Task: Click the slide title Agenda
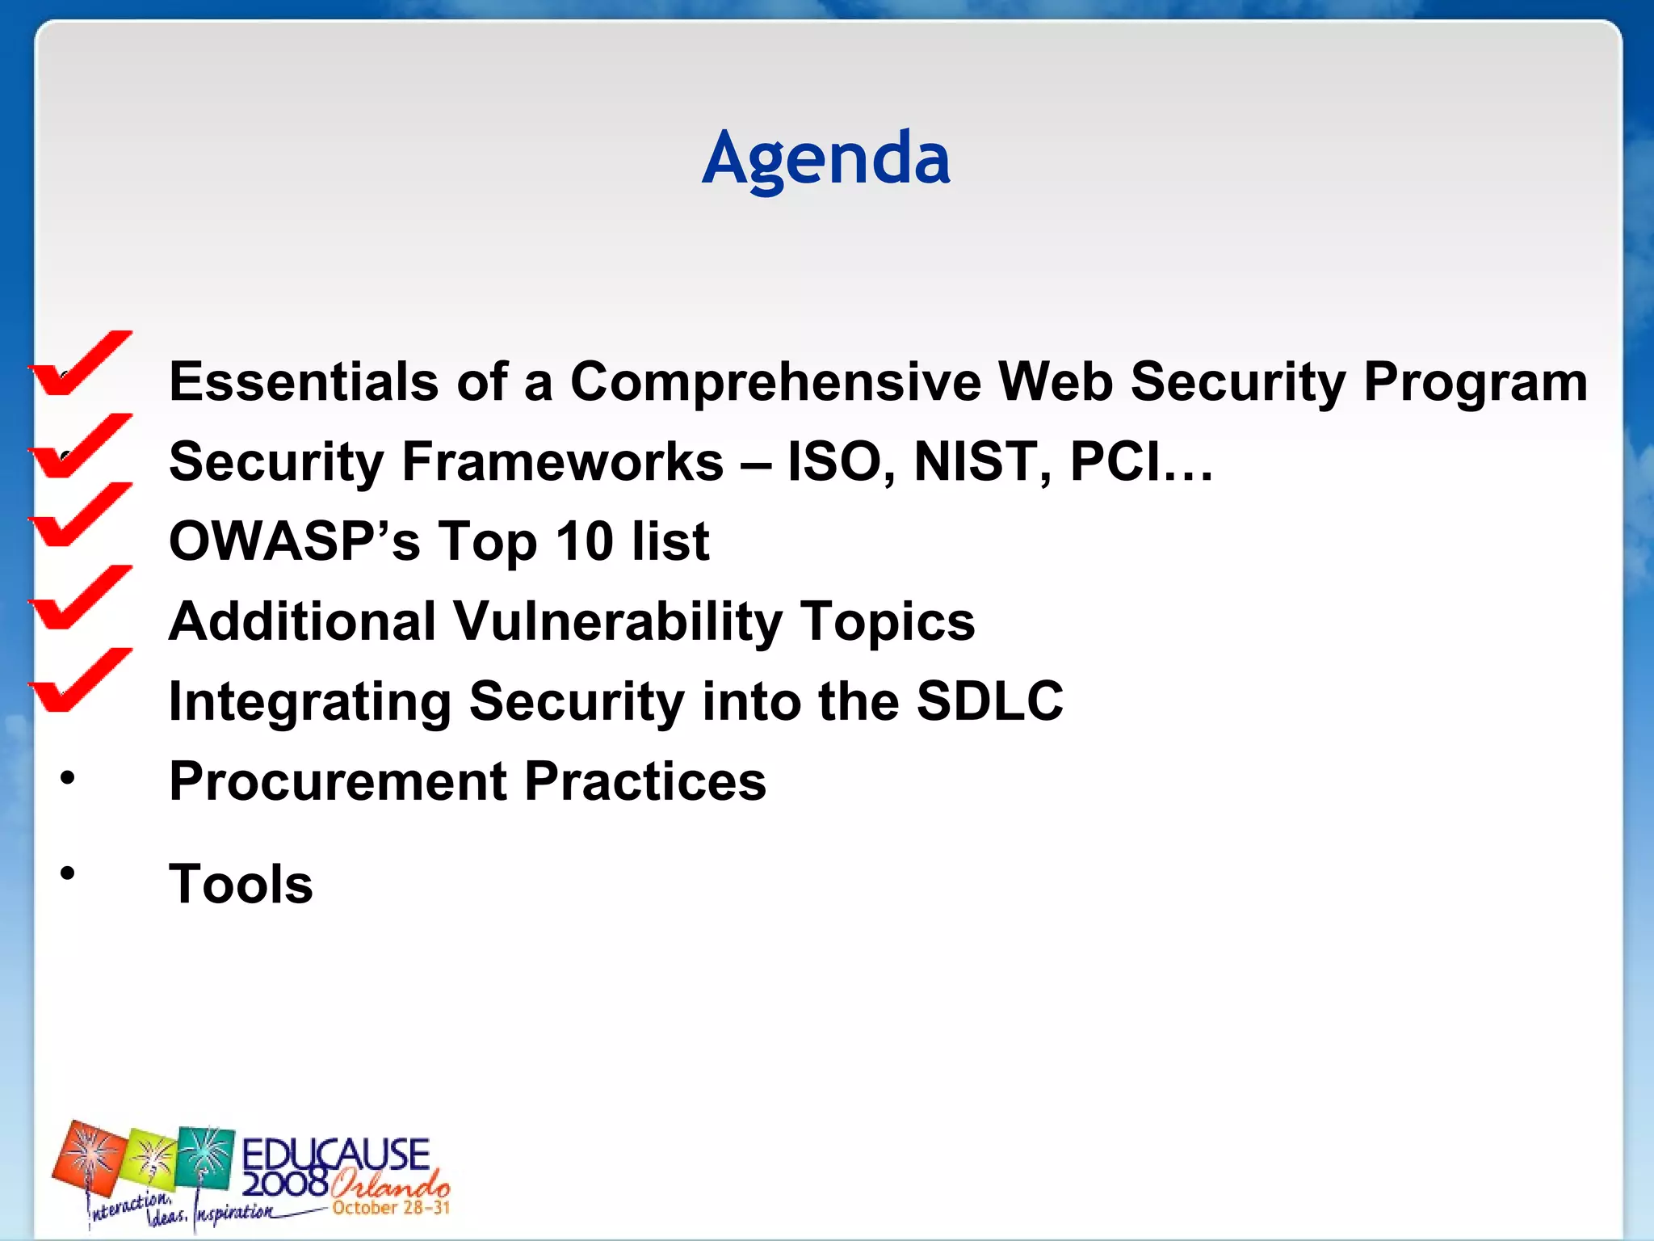pyautogui.click(x=825, y=159)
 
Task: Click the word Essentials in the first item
pyautogui.click(x=304, y=381)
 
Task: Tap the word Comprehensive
pyautogui.click(x=775, y=381)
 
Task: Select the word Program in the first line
pyautogui.click(x=1475, y=381)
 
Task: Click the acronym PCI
pyautogui.click(x=1115, y=461)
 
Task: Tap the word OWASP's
pyautogui.click(x=295, y=541)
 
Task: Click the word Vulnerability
pyautogui.click(x=617, y=621)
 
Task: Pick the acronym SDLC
pyautogui.click(x=989, y=700)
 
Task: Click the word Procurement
pyautogui.click(x=338, y=781)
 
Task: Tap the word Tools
pyautogui.click(x=241, y=884)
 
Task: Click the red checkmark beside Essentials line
pyautogui.click(x=81, y=364)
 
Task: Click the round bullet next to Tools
pyautogui.click(x=68, y=873)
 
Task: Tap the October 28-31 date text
pyautogui.click(x=391, y=1208)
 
